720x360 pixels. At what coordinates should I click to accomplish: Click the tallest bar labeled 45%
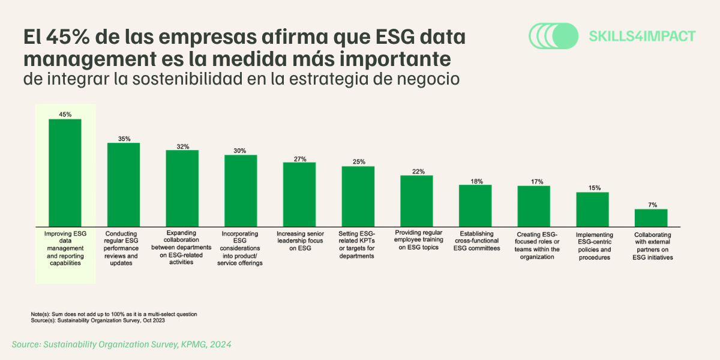pos(65,172)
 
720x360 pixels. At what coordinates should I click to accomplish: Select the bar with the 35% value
pos(124,184)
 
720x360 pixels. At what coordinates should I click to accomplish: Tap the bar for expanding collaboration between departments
pos(182,187)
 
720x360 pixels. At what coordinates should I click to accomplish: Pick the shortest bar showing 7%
pos(651,217)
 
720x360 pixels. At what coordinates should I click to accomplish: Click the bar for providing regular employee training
pos(416,200)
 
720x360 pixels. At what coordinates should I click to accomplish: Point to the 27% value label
pos(300,159)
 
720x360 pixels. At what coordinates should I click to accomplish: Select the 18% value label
pos(475,181)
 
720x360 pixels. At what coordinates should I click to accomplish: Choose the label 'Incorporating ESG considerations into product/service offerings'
pos(240,248)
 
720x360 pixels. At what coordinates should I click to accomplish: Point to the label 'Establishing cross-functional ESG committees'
pos(475,241)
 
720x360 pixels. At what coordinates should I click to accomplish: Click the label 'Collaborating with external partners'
pos(652,245)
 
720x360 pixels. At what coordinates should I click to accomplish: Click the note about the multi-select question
pos(113,314)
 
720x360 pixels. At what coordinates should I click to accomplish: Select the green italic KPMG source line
pos(122,344)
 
